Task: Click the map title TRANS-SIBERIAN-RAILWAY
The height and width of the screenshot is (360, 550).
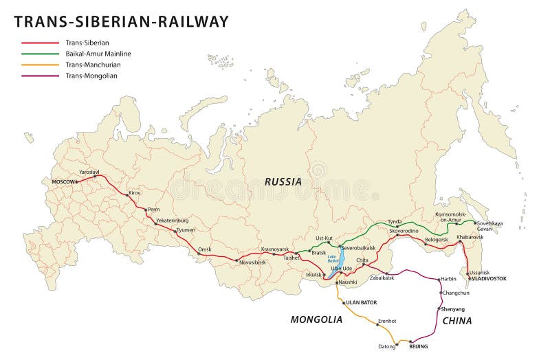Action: click(121, 21)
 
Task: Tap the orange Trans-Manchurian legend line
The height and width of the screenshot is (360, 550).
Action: click(39, 65)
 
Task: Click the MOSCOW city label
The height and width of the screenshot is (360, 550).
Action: click(64, 181)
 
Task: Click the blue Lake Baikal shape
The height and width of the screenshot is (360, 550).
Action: click(333, 265)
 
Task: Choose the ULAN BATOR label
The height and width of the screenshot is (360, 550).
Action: click(362, 302)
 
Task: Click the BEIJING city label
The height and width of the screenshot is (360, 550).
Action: click(418, 346)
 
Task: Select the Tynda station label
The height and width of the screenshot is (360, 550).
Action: click(395, 222)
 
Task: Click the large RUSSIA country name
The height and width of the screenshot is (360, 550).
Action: click(283, 182)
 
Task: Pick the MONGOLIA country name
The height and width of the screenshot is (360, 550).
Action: click(316, 319)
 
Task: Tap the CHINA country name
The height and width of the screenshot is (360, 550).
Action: click(456, 320)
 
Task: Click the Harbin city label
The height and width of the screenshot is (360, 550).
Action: click(448, 279)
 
